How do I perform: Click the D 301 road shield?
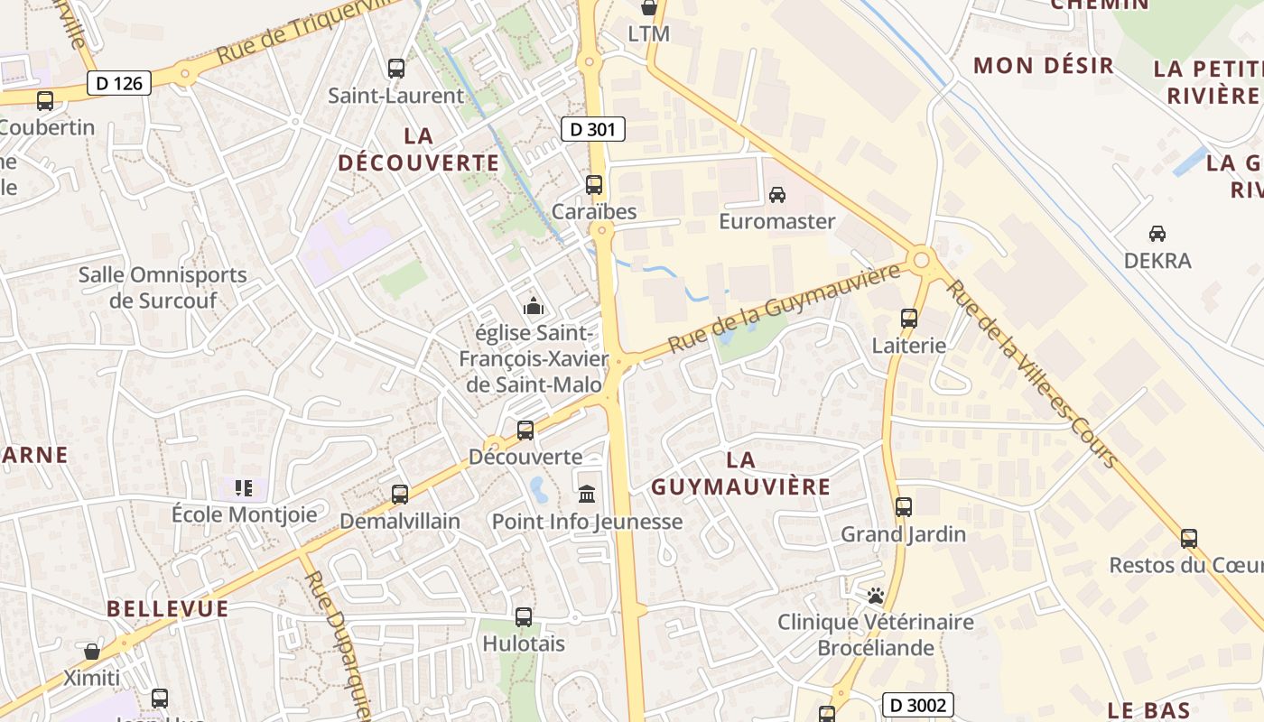click(x=593, y=129)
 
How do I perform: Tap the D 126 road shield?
click(x=119, y=83)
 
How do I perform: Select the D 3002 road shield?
click(x=917, y=705)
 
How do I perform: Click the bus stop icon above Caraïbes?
click(x=594, y=185)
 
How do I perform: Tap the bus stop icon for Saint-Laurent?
click(x=395, y=68)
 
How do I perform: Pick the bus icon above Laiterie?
click(x=909, y=318)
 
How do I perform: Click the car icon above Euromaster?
click(x=776, y=194)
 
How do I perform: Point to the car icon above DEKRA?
click(x=1157, y=234)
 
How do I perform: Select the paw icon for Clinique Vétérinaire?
click(x=874, y=596)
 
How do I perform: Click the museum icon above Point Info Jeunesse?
click(x=587, y=494)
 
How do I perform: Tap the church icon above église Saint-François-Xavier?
click(x=534, y=306)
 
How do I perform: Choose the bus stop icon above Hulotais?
click(x=524, y=617)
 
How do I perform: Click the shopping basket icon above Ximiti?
click(x=92, y=651)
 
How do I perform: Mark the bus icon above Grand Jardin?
click(x=904, y=507)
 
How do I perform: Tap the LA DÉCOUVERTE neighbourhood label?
click(x=418, y=149)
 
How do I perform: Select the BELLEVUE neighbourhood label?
click(x=168, y=608)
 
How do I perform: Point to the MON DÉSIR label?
click(x=1044, y=65)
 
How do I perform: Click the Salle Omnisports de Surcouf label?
click(x=163, y=287)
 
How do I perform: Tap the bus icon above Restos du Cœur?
click(x=1189, y=539)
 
